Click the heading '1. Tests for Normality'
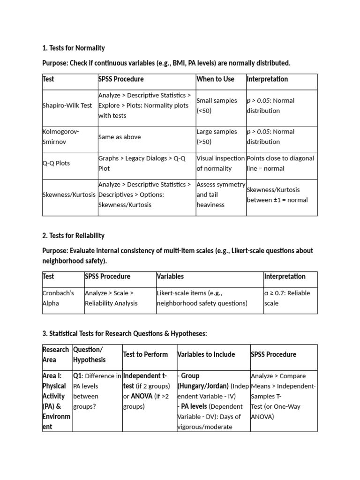click(74, 48)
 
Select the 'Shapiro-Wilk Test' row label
click(67, 105)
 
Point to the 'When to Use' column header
click(215, 79)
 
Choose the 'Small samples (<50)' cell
click(217, 105)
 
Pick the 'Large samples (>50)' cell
click(217, 137)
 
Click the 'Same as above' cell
click(120, 137)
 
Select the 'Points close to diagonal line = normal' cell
click(280, 163)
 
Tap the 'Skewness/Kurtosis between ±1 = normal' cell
click(277, 195)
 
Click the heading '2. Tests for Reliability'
click(74, 235)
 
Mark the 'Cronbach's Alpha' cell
click(59, 298)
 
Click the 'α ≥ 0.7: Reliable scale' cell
click(287, 298)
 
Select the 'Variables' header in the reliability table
click(170, 276)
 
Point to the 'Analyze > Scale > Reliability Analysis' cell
click(111, 298)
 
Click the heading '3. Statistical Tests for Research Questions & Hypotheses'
click(124, 333)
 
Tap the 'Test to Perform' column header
click(145, 354)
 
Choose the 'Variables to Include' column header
click(206, 354)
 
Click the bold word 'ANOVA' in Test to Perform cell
click(141, 396)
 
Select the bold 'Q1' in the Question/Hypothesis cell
click(77, 376)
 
